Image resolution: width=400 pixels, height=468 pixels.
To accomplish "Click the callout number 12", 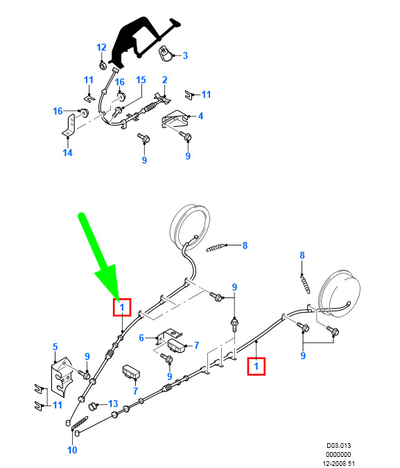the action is [101, 47].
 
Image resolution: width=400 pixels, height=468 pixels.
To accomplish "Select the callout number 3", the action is [185, 55].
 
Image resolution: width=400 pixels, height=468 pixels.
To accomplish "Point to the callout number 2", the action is [165, 80].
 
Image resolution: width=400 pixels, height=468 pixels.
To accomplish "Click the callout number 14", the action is [67, 153].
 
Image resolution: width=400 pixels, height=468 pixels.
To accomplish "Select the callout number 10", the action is [72, 450].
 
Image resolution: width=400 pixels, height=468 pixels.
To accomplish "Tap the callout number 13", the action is [113, 404].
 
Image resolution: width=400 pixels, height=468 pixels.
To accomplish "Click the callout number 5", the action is [55, 347].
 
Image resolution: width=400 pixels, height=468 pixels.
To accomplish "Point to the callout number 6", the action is [141, 338].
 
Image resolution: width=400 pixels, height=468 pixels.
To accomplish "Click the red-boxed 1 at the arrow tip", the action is [122, 307].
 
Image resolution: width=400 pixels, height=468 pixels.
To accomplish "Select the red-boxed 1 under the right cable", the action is [256, 366].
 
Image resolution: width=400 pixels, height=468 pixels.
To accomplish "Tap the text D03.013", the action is [338, 446].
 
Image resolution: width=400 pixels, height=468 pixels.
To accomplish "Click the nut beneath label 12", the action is [102, 66].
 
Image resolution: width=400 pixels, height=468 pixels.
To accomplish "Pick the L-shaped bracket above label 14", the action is [69, 126].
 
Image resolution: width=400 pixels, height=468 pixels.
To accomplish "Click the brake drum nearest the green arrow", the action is [190, 226].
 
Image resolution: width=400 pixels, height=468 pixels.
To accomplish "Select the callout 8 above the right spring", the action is [302, 255].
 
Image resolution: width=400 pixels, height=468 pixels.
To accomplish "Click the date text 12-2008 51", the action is [339, 464].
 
